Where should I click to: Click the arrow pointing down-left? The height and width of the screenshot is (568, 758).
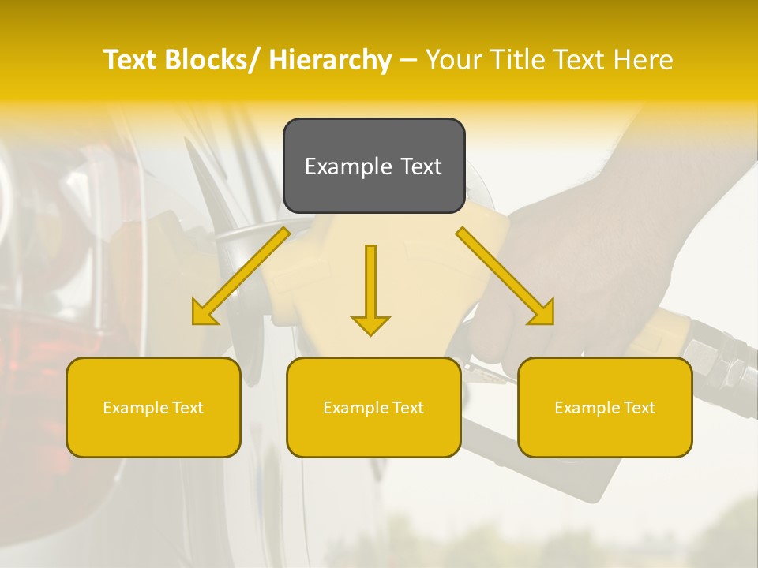point(240,276)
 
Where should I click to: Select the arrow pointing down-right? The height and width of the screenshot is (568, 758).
point(505,276)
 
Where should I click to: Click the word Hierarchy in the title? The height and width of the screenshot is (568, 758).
point(330,60)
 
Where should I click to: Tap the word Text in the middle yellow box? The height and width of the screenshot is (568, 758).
point(404,408)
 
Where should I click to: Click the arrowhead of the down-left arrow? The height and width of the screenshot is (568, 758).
point(203,314)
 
